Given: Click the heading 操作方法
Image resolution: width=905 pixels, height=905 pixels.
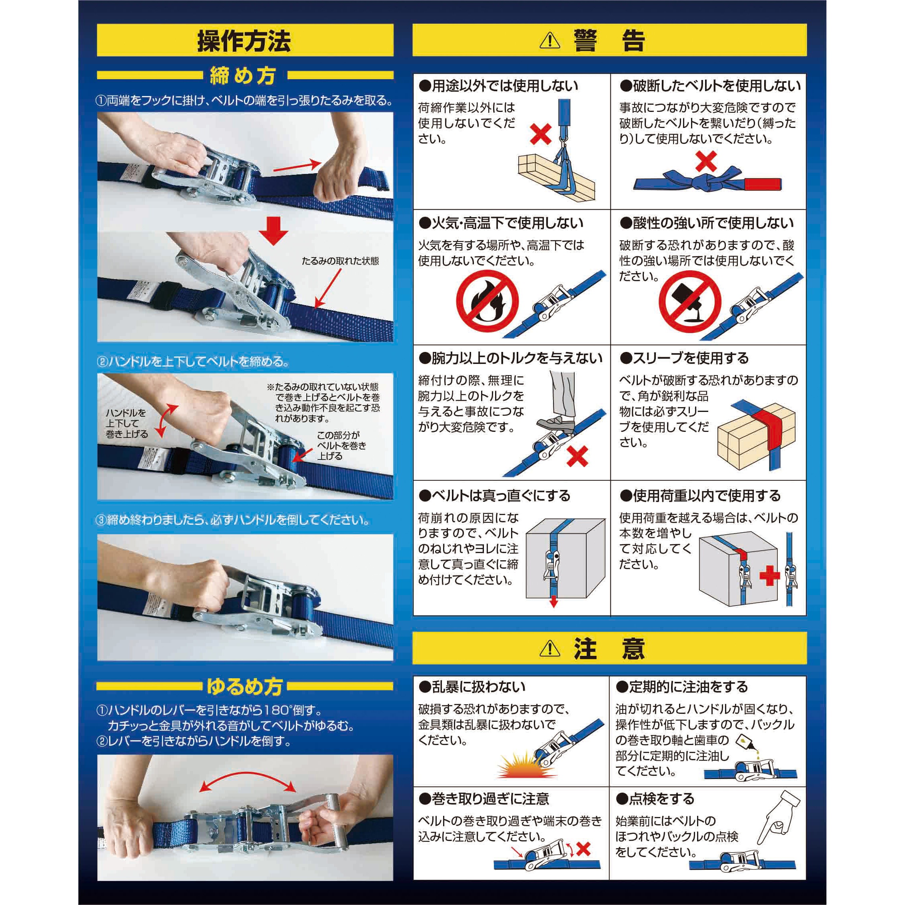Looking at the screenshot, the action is [244, 41].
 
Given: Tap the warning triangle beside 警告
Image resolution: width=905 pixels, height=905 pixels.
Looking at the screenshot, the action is [550, 41].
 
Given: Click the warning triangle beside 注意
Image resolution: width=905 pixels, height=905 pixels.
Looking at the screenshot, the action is [550, 648].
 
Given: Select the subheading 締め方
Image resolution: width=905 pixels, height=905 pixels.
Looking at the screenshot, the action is [242, 76].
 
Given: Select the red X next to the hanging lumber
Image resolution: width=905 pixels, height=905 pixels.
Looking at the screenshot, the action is [541, 134].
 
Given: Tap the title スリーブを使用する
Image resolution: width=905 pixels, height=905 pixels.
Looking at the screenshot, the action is [684, 358].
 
